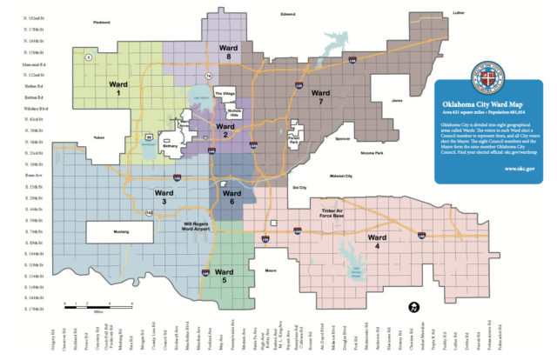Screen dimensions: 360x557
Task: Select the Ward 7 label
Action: pos(320,96)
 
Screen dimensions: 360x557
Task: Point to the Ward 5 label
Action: pos(226,276)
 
